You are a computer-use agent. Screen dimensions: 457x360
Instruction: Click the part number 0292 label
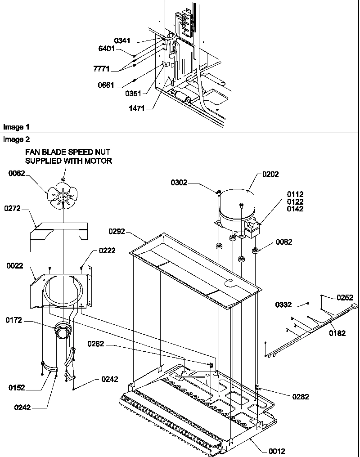pyautogui.click(x=117, y=232)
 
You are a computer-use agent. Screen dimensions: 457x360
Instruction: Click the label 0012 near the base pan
pyautogui.click(x=277, y=451)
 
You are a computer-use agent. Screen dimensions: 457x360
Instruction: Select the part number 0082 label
pyautogui.click(x=284, y=242)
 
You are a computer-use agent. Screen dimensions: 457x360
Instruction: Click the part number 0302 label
pyautogui.click(x=179, y=183)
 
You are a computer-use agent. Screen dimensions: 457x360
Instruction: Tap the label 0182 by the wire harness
pyautogui.click(x=338, y=333)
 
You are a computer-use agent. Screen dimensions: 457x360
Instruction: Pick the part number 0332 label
pyautogui.click(x=284, y=305)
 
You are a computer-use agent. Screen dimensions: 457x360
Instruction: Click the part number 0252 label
pyautogui.click(x=345, y=297)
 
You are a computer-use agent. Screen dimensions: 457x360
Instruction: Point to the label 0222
pyautogui.click(x=107, y=251)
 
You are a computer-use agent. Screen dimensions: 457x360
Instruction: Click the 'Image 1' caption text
pyautogui.click(x=13, y=127)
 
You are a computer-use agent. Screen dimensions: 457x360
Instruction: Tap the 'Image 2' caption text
pyautogui.click(x=13, y=139)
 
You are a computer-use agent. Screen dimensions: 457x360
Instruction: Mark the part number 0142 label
pyautogui.click(x=296, y=209)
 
